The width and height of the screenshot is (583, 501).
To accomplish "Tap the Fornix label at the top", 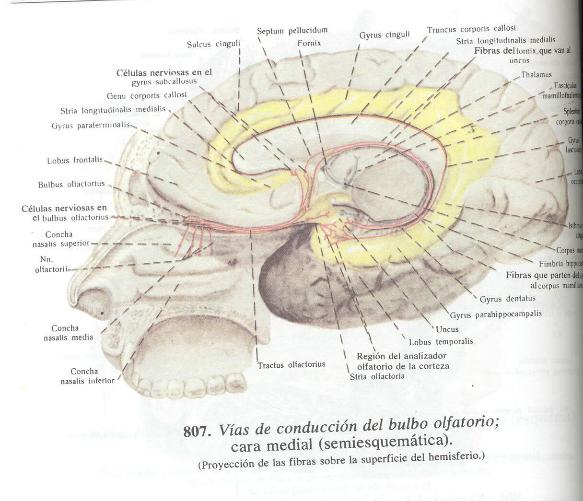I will (x=309, y=43).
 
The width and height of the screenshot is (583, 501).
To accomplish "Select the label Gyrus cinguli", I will (x=385, y=35).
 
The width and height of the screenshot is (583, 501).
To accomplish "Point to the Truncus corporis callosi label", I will (x=471, y=30).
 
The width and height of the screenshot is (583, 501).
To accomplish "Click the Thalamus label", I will (x=536, y=75).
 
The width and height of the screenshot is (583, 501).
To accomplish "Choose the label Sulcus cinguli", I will (x=213, y=45).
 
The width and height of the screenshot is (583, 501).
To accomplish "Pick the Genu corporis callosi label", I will (x=147, y=95).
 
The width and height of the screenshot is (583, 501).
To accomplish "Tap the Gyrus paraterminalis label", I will (x=91, y=126).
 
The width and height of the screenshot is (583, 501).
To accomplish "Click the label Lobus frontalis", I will (x=75, y=161).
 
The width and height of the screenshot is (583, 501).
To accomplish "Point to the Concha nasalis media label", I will (x=72, y=333).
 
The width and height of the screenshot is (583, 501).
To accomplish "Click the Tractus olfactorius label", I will (x=291, y=365).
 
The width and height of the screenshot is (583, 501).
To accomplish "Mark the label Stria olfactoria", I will (x=377, y=376).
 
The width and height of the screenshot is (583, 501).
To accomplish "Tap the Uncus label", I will (x=447, y=329).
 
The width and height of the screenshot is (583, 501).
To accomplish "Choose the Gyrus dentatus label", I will (x=507, y=299).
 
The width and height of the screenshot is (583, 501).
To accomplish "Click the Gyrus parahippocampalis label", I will (x=495, y=315).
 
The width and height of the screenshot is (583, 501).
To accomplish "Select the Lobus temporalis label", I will (x=441, y=342).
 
